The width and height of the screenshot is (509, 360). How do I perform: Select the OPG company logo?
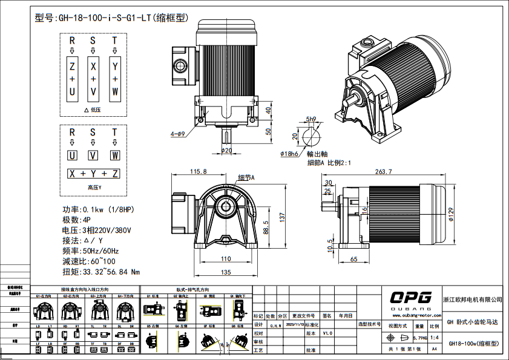tap(410, 298)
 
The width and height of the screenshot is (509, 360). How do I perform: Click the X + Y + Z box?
tap(93, 174)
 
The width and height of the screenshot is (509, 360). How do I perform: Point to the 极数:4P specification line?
tap(76, 220)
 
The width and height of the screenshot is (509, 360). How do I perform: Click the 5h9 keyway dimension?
tap(311, 119)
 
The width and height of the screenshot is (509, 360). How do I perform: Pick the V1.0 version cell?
tap(327, 333)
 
